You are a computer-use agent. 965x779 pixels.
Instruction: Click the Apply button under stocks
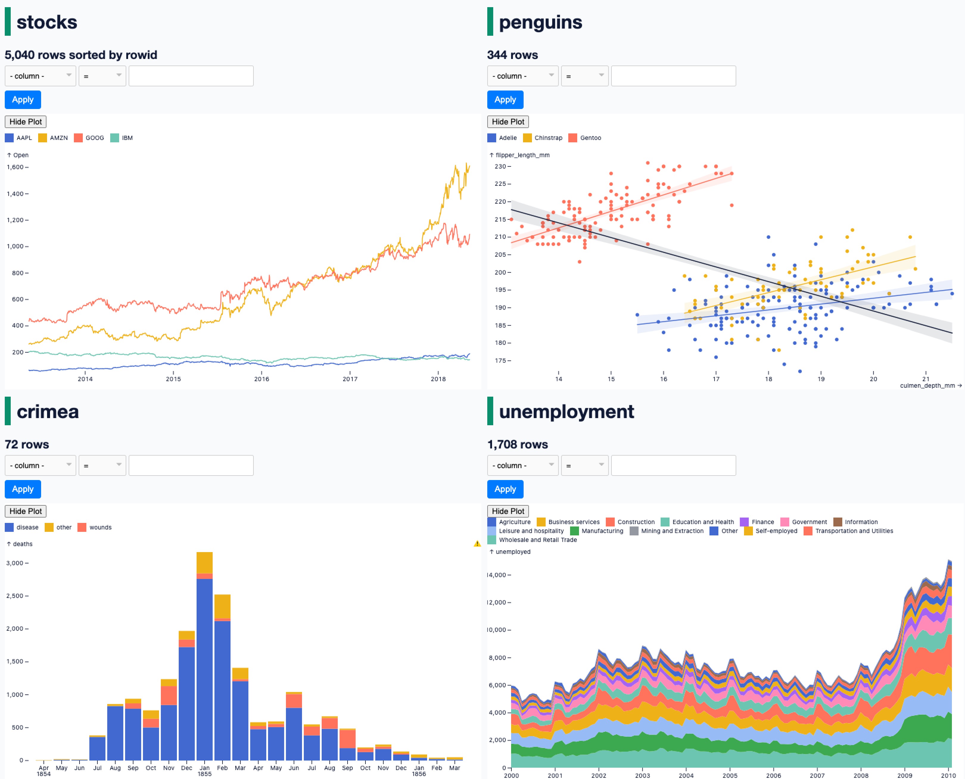(x=22, y=100)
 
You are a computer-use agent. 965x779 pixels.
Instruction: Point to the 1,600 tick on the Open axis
(x=15, y=167)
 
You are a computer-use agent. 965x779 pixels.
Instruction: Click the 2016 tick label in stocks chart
(x=262, y=379)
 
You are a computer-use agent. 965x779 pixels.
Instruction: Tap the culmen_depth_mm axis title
(x=927, y=385)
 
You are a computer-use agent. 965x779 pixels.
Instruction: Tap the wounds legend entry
(x=95, y=527)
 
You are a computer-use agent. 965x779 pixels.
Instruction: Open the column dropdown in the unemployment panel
(x=522, y=465)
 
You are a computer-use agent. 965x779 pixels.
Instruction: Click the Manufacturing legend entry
(x=597, y=531)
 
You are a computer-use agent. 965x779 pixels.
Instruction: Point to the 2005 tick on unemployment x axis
(x=730, y=775)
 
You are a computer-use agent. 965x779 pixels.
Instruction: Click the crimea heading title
(x=48, y=412)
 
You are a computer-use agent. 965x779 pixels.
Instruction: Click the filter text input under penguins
(x=673, y=76)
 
